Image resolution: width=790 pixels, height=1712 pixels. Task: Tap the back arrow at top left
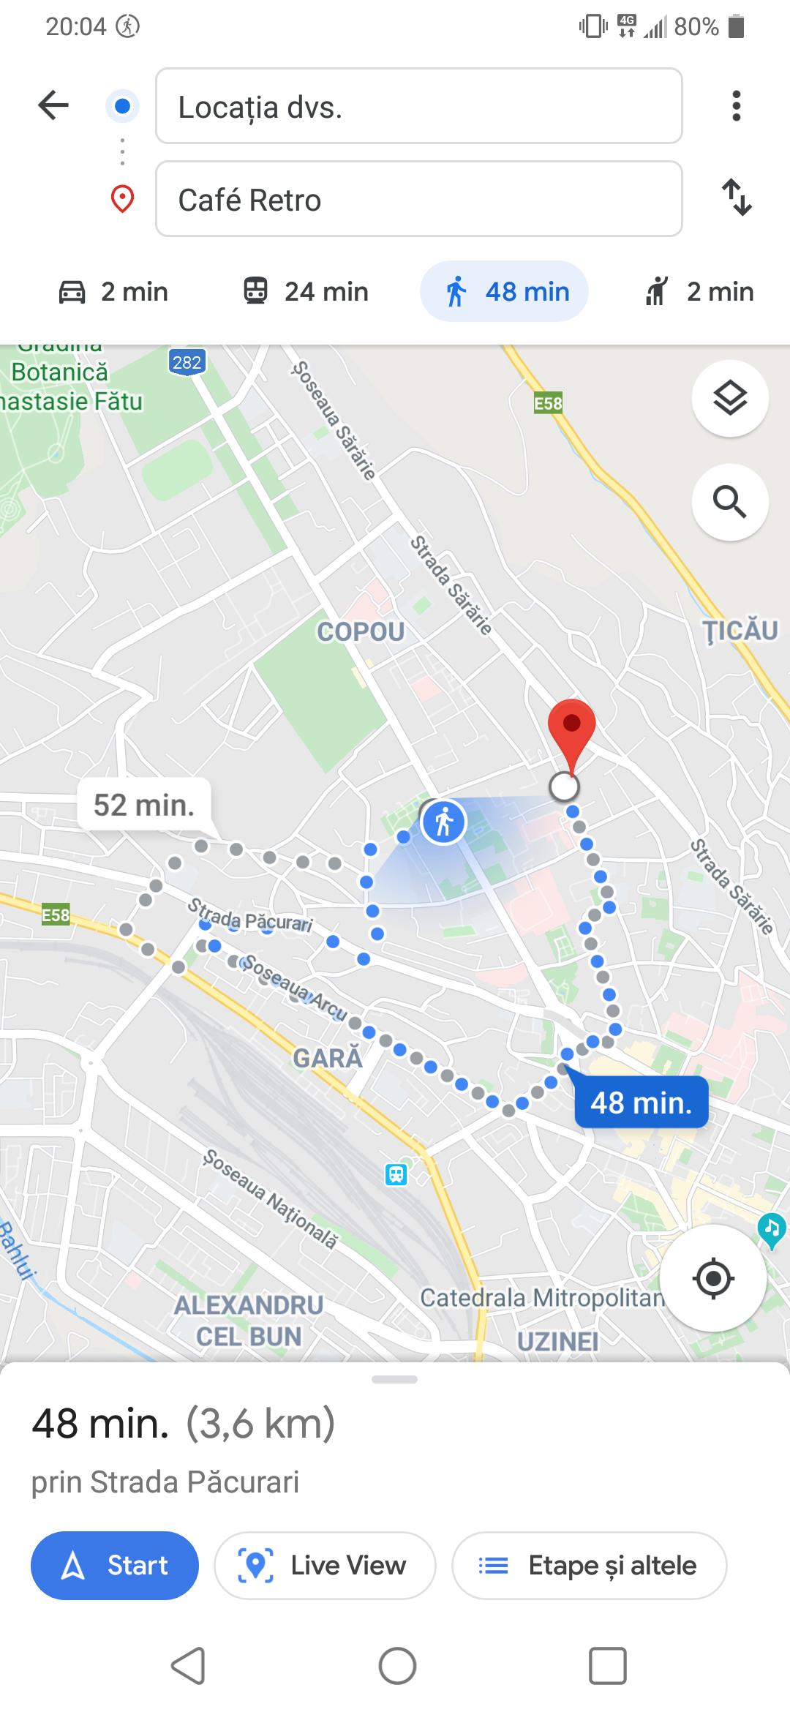53,105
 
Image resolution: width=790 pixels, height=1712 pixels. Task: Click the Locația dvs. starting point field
418,106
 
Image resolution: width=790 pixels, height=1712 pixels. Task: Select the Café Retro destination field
418,199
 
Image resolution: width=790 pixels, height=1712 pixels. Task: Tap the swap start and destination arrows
737,198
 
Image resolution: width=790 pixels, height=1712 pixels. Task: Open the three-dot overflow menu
736,106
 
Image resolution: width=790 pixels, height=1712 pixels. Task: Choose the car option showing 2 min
113,291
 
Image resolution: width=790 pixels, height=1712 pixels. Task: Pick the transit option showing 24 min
306,291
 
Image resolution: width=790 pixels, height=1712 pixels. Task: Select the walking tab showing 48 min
504,291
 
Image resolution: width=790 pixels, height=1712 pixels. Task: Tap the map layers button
729,399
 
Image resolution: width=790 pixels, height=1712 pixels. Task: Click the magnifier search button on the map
729,502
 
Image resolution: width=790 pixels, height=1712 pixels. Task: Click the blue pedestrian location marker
443,822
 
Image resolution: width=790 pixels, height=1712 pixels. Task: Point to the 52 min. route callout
144,805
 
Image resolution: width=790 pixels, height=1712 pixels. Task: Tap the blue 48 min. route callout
641,1102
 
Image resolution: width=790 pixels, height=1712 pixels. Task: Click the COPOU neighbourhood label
361,631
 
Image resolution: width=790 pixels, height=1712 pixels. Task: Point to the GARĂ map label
328,1058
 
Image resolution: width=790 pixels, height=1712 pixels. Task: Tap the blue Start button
115,1565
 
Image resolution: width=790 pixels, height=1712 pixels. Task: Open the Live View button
325,1565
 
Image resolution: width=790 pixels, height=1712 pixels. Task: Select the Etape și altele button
589,1565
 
